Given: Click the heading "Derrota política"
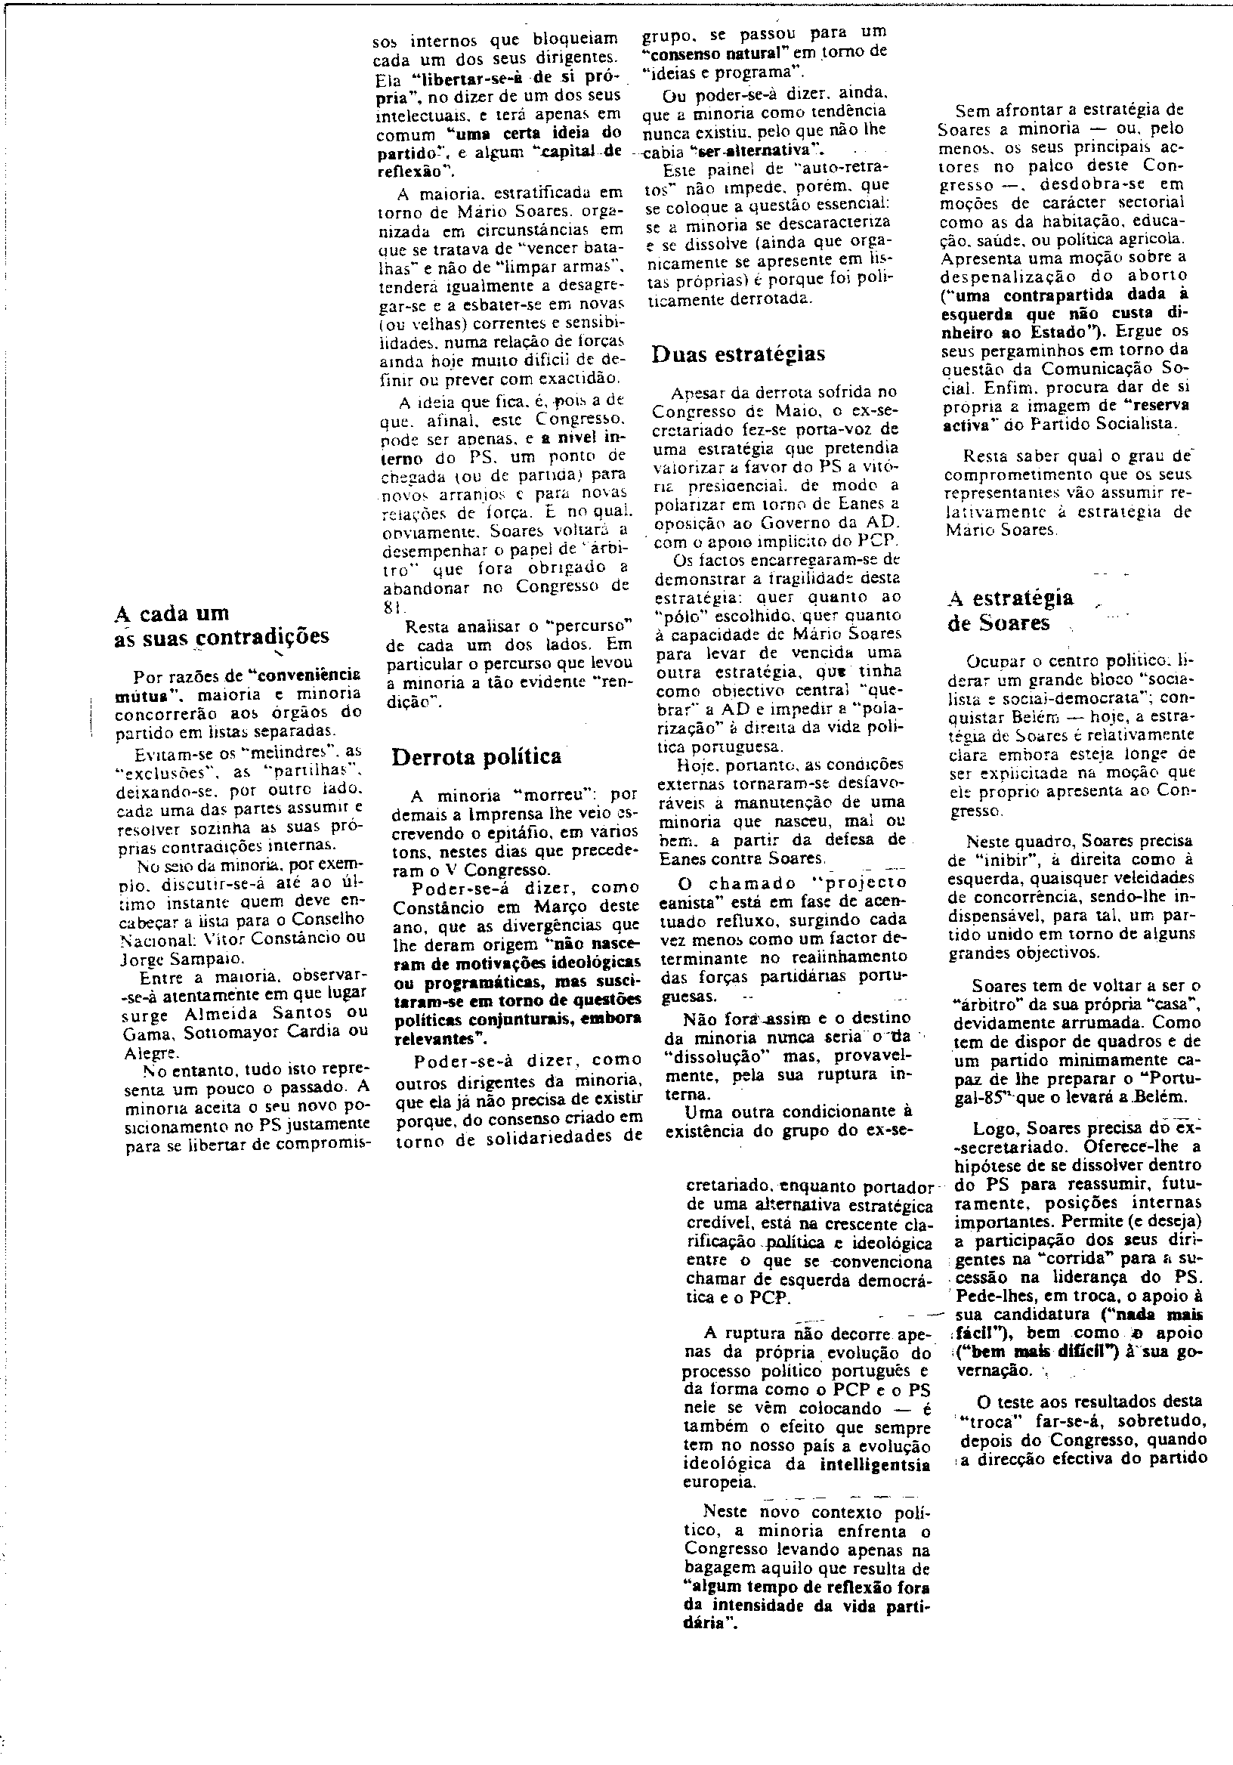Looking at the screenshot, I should pyautogui.click(x=477, y=756).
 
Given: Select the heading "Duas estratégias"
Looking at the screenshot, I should pyautogui.click(x=738, y=354).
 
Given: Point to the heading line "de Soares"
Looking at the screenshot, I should pyautogui.click(x=998, y=623).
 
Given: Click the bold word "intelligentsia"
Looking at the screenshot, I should pyautogui.click(x=875, y=1464).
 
